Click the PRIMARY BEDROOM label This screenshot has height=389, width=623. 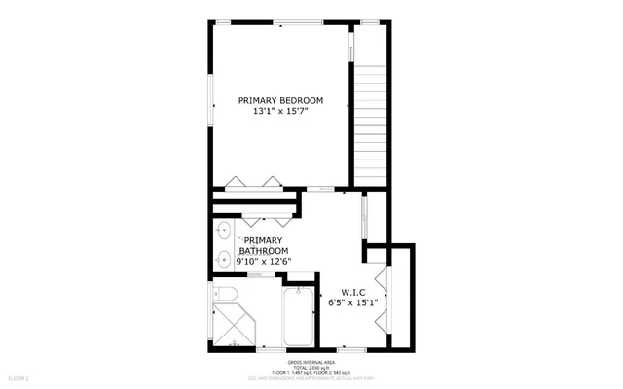[281, 100]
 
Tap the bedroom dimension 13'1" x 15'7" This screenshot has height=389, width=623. [281, 113]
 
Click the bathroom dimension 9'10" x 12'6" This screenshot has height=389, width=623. [263, 262]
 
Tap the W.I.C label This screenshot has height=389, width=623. [351, 291]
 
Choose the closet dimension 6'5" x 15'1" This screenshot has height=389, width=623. [351, 302]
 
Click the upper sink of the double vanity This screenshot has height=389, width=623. [223, 231]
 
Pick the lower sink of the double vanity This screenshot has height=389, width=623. [223, 259]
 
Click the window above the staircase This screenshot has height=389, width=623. [371, 21]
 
